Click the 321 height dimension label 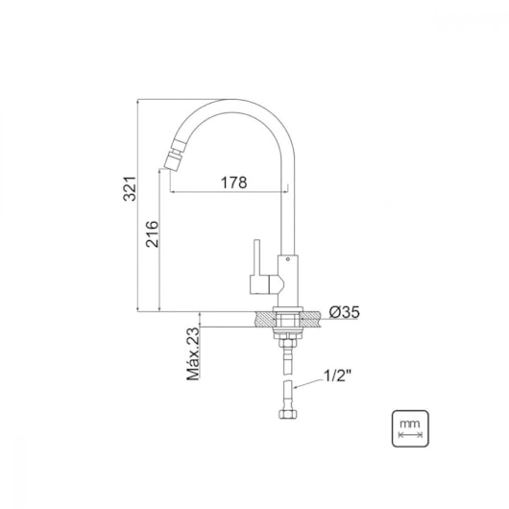(x=131, y=188)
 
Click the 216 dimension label (x=152, y=234)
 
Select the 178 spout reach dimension (x=233, y=182)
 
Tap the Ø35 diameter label (x=345, y=312)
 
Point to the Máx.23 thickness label (x=193, y=353)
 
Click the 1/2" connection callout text (x=337, y=376)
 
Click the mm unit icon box (x=410, y=428)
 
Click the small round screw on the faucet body (x=287, y=259)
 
